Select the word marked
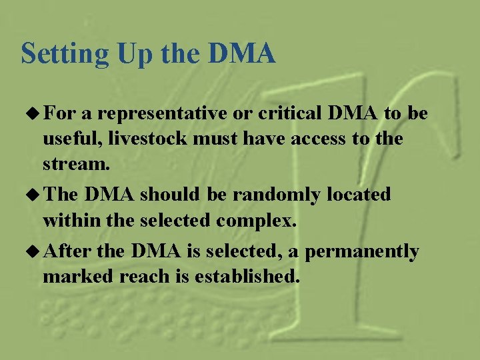(78, 276)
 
